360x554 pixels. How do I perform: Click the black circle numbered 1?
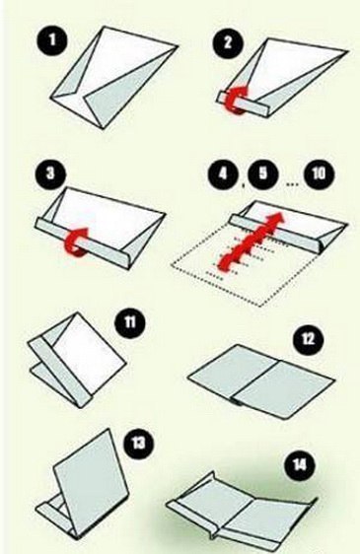pyautogui.click(x=51, y=39)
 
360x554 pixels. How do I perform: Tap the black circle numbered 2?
pyautogui.click(x=228, y=43)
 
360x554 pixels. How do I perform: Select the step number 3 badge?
pyautogui.click(x=51, y=173)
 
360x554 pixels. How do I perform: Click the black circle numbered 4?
pyautogui.click(x=223, y=174)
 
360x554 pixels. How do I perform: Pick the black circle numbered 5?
pyautogui.click(x=263, y=174)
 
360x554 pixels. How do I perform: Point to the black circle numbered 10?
pyautogui.click(x=319, y=173)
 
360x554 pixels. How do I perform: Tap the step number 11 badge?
pyautogui.click(x=130, y=322)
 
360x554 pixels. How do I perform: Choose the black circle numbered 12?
pyautogui.click(x=309, y=340)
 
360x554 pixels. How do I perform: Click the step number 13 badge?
pyautogui.click(x=139, y=443)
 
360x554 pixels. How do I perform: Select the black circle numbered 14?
pyautogui.click(x=299, y=465)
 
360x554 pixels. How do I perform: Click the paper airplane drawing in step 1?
pyautogui.click(x=113, y=78)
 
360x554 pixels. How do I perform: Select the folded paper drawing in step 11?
pyautogui.click(x=77, y=360)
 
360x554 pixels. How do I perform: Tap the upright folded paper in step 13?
pyautogui.click(x=81, y=483)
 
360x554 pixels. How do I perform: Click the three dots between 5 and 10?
pyautogui.click(x=292, y=184)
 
